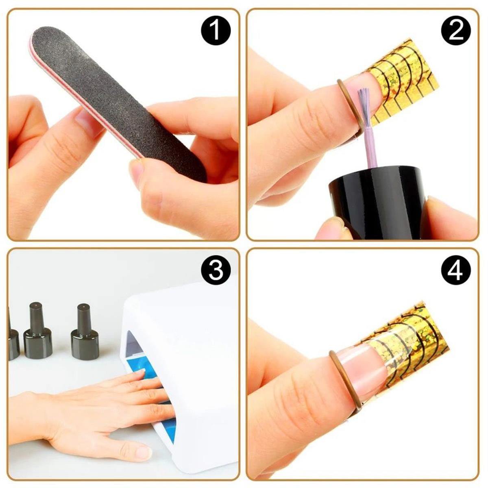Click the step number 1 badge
216,30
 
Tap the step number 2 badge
456,30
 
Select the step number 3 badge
216,270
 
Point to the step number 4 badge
456,270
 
